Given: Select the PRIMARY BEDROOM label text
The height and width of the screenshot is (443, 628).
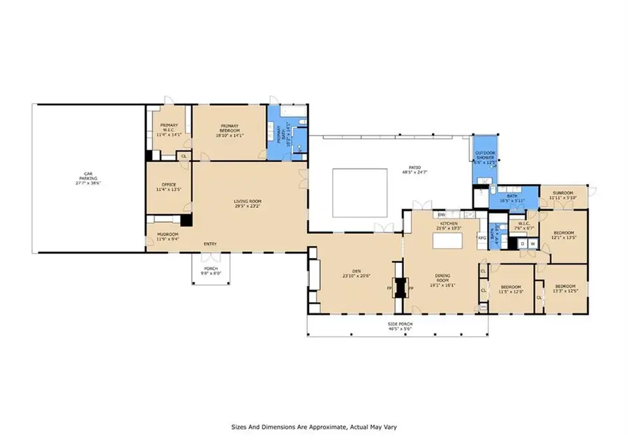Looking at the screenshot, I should [x=230, y=131].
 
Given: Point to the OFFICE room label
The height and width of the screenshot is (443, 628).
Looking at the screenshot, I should [x=168, y=185].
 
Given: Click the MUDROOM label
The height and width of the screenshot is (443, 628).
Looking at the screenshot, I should [x=167, y=234].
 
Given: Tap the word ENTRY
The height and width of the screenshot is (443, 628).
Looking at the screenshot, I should [x=209, y=243].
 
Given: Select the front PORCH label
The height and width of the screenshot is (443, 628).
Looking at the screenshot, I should [x=210, y=269].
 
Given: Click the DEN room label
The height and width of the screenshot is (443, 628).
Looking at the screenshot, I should [x=351, y=271].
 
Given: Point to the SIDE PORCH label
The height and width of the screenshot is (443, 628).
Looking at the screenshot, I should [x=398, y=324].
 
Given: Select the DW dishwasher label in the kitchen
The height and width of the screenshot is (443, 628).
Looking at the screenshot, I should [x=442, y=215].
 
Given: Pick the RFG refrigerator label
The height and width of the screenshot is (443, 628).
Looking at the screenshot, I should [x=481, y=238].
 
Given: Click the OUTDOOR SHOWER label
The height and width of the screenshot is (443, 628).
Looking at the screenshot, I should [x=485, y=155].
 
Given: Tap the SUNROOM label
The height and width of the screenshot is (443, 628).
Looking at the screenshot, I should [x=563, y=193].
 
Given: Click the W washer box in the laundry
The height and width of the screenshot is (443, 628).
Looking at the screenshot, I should [x=532, y=243].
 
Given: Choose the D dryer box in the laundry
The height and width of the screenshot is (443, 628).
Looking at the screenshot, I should [x=523, y=243].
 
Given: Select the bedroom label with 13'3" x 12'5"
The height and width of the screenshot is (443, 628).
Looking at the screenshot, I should [x=565, y=287].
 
